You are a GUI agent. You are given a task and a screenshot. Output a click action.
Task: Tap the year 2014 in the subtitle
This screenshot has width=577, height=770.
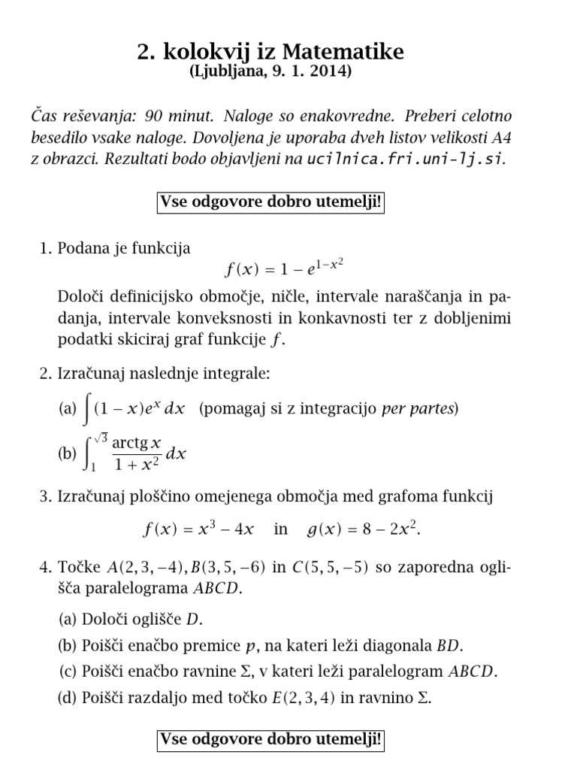[333, 72]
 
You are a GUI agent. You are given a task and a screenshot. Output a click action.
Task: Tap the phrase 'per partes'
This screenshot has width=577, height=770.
[418, 409]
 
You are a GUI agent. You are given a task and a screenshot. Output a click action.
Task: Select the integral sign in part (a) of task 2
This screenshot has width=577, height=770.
[88, 409]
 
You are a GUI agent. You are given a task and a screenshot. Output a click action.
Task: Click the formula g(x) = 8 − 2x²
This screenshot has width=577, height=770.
[364, 529]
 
